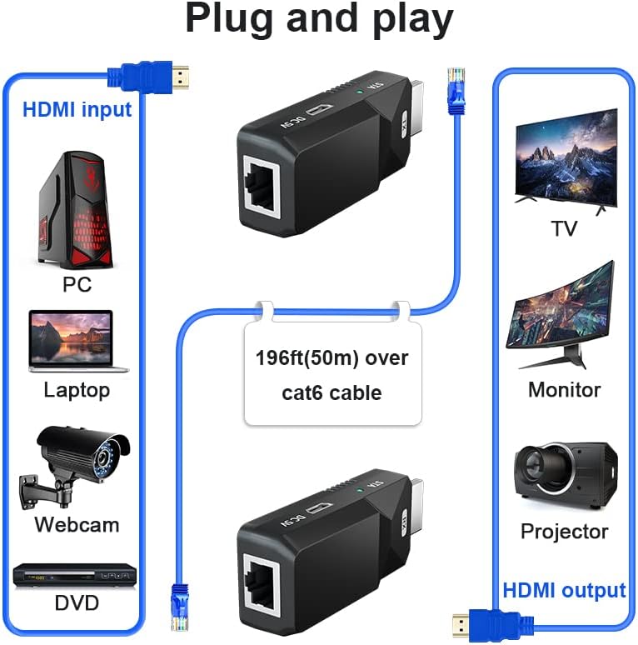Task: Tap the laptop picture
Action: [77, 341]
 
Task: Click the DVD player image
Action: [75, 575]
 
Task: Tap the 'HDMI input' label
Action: [77, 109]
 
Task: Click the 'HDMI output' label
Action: [564, 590]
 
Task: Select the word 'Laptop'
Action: [77, 389]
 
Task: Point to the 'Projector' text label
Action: [564, 531]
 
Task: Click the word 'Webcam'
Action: [77, 524]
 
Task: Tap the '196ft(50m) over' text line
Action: [331, 358]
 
